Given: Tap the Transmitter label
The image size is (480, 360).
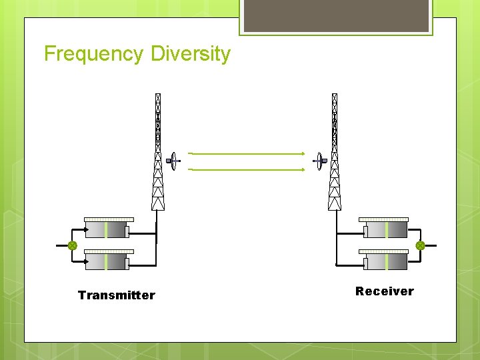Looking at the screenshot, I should point(116,295).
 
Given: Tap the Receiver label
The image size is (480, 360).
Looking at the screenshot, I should point(384,291).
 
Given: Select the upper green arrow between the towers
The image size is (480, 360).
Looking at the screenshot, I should point(247,153).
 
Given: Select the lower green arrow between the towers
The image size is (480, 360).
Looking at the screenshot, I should point(247,169).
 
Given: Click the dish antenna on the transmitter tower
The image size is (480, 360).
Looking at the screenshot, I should point(173,161).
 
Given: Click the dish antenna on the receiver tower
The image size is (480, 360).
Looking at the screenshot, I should point(321,160).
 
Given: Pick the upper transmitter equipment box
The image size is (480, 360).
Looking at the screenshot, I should point(107,228).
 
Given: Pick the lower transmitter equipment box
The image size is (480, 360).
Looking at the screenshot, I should point(107,261).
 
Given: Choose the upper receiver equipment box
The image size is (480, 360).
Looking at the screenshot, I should point(385,229).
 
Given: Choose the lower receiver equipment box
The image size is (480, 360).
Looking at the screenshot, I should point(385,261).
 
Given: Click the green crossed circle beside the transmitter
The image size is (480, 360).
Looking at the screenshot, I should point(72,245).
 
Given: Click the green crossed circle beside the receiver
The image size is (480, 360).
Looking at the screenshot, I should point(420,245).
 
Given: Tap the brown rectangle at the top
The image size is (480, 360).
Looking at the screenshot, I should point(335,15).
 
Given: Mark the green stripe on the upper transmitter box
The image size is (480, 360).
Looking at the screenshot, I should point(106,230).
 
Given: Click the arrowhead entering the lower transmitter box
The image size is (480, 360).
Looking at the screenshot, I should point(85,262).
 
